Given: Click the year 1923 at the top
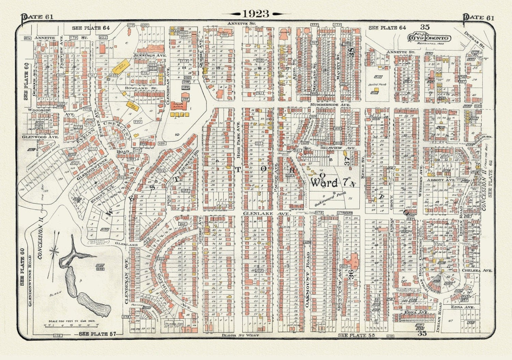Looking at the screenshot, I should pos(255,14).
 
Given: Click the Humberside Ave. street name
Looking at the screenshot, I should pos(330,105).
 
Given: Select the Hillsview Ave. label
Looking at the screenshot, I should pos(337,148).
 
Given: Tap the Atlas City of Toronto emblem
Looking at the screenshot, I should pos(429,38).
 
